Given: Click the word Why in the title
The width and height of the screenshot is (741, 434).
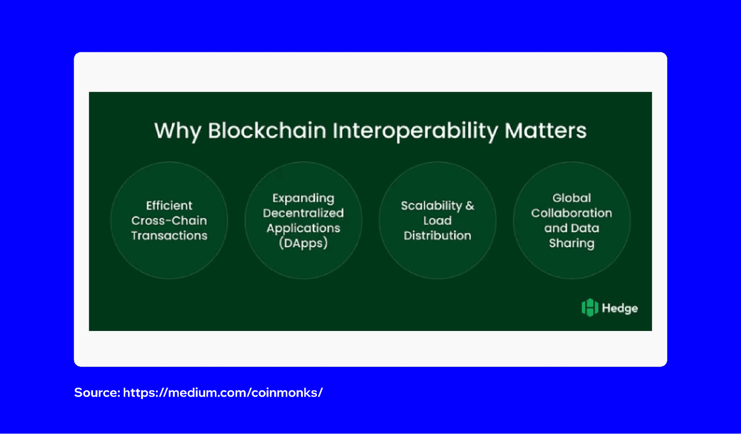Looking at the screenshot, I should (178, 130).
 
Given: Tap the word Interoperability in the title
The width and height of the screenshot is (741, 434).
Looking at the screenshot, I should (415, 130).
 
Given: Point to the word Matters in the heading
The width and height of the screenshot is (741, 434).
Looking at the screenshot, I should (545, 130).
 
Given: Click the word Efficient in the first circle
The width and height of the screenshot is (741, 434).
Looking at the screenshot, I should (169, 205).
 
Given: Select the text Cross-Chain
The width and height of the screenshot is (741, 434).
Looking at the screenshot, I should (169, 220).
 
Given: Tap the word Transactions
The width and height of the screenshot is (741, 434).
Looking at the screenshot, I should (169, 235).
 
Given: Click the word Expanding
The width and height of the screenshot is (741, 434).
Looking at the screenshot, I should (303, 198).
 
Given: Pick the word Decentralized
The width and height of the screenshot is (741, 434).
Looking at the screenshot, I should (303, 213).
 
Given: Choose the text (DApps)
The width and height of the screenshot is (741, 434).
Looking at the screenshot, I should (303, 243).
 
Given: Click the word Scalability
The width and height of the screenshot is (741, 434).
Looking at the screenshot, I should (431, 206).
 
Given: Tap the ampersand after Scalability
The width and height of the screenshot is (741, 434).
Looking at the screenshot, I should (470, 206).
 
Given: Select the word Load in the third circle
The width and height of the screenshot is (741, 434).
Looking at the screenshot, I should (437, 220).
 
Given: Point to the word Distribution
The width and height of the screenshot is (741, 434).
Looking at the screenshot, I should (437, 235).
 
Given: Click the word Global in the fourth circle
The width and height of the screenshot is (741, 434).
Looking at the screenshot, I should (572, 198).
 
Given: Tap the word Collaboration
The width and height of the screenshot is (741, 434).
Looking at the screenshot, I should (572, 213).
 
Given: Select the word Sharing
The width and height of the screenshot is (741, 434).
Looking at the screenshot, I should (572, 243).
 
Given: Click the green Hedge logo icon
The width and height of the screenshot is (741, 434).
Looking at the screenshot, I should (590, 307).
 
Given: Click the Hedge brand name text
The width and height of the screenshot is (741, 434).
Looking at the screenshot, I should (620, 308).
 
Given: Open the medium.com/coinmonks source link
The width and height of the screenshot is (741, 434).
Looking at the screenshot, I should (223, 392).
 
